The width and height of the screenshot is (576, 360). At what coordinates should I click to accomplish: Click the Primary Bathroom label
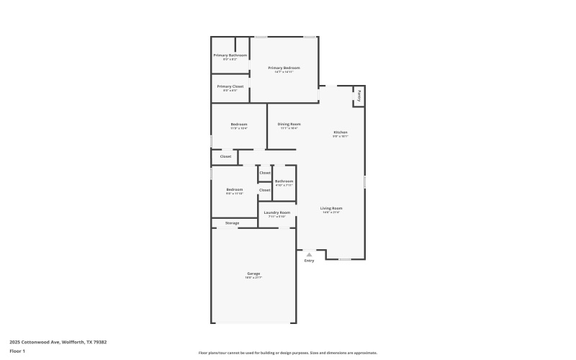[230, 55]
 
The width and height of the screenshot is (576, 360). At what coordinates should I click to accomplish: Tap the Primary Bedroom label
[284, 68]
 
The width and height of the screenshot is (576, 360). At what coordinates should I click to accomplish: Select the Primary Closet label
[230, 86]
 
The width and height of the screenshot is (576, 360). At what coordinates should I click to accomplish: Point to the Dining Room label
[289, 124]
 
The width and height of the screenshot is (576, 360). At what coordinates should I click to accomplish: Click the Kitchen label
[341, 132]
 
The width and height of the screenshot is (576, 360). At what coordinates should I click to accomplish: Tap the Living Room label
[331, 208]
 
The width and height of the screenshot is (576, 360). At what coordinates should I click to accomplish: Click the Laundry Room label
[277, 212]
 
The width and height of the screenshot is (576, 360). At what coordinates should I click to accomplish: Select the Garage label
[254, 273]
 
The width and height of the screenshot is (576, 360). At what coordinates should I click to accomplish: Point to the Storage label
[232, 223]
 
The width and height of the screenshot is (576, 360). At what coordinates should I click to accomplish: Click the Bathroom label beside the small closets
[284, 181]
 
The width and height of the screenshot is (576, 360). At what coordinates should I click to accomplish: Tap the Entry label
[309, 261]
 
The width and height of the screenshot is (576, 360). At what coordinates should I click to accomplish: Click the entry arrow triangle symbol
[309, 254]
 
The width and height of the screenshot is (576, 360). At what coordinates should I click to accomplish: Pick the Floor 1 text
[17, 351]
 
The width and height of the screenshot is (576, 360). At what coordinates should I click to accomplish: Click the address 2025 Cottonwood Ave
[58, 342]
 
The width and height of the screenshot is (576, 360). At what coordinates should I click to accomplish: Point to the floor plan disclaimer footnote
[287, 353]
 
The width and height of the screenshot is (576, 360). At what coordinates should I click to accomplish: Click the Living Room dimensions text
[331, 212]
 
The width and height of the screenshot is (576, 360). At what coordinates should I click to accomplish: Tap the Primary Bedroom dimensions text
[284, 72]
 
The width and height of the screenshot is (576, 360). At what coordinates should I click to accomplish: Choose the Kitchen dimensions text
[341, 136]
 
